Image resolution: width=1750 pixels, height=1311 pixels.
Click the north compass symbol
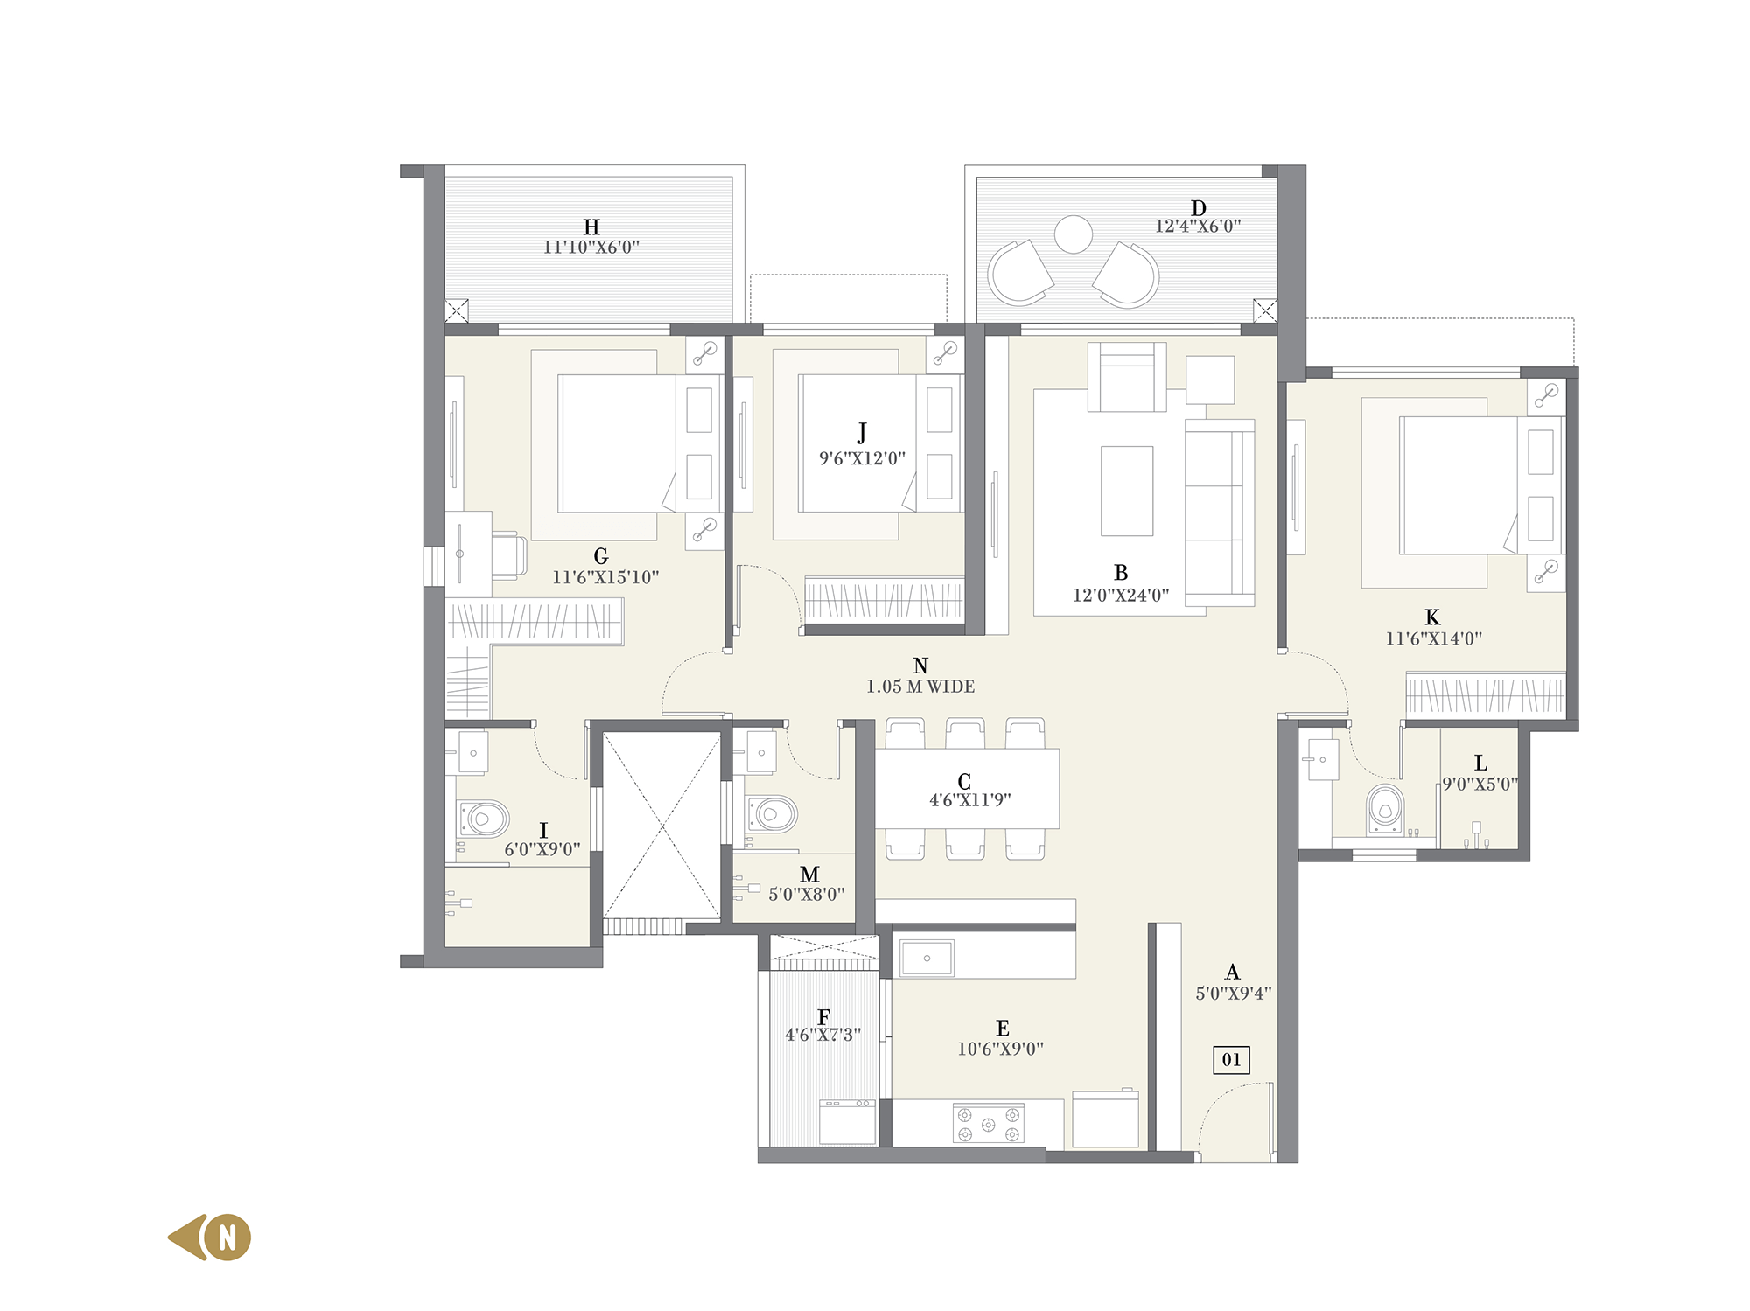click(x=210, y=1237)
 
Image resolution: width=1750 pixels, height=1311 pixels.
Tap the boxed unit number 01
click(x=1231, y=1060)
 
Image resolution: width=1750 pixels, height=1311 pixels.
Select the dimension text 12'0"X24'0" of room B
click(x=1121, y=596)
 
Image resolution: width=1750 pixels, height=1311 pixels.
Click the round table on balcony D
click(x=1074, y=234)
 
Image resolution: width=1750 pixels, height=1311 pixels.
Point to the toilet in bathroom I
click(x=483, y=819)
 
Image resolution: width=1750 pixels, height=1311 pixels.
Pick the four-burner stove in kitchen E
click(x=989, y=1123)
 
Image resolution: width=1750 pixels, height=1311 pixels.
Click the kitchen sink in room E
click(x=927, y=959)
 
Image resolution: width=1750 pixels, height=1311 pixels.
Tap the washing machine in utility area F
click(x=848, y=1122)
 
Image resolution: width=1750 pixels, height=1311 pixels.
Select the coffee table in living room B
click(x=1127, y=491)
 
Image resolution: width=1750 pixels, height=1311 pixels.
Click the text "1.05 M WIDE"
click(x=920, y=687)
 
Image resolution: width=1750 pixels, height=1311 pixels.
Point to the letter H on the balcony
click(x=591, y=227)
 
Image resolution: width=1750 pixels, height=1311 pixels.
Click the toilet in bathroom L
click(x=1385, y=809)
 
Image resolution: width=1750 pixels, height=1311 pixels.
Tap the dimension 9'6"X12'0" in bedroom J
click(x=863, y=458)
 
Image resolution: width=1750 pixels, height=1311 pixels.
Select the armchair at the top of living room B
click(x=1127, y=377)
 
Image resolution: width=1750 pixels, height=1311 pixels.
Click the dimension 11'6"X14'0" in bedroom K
click(x=1433, y=638)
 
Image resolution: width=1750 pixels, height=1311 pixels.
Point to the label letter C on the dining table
click(x=964, y=782)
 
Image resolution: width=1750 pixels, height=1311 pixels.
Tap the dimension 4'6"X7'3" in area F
click(x=823, y=1036)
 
